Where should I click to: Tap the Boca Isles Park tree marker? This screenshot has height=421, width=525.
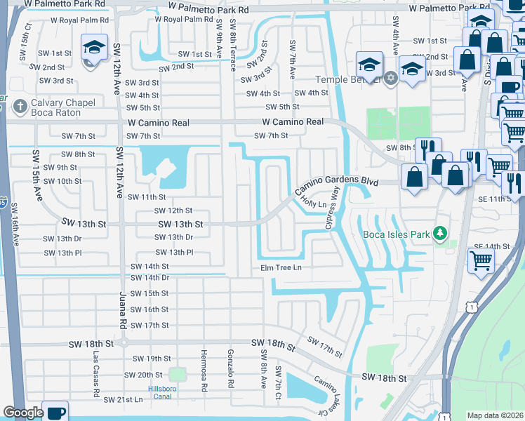tap(440, 233)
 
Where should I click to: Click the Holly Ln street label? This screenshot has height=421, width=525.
tap(314, 204)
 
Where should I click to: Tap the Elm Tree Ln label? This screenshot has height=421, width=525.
tap(281, 268)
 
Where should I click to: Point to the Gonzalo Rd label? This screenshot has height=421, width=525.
tap(230, 368)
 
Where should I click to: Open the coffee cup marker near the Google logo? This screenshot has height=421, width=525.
tap(55, 411)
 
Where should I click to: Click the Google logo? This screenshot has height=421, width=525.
tap(22, 413)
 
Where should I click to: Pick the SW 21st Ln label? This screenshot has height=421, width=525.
tap(123, 399)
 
